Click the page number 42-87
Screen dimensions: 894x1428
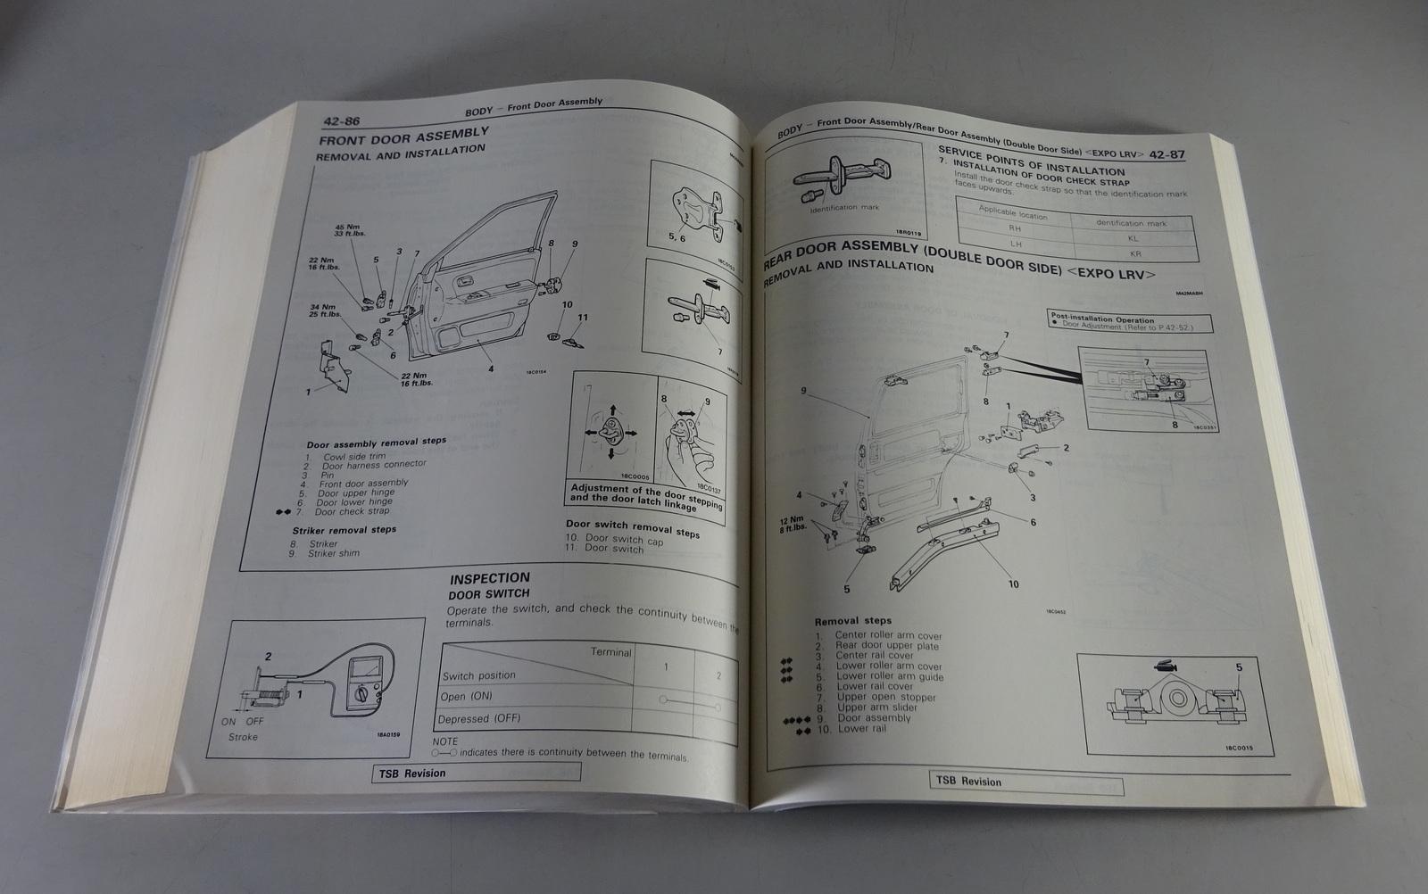(1166, 155)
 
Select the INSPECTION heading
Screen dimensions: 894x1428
(489, 578)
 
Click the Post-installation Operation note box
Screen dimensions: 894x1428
(1121, 323)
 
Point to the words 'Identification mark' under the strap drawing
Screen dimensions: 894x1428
(844, 208)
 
